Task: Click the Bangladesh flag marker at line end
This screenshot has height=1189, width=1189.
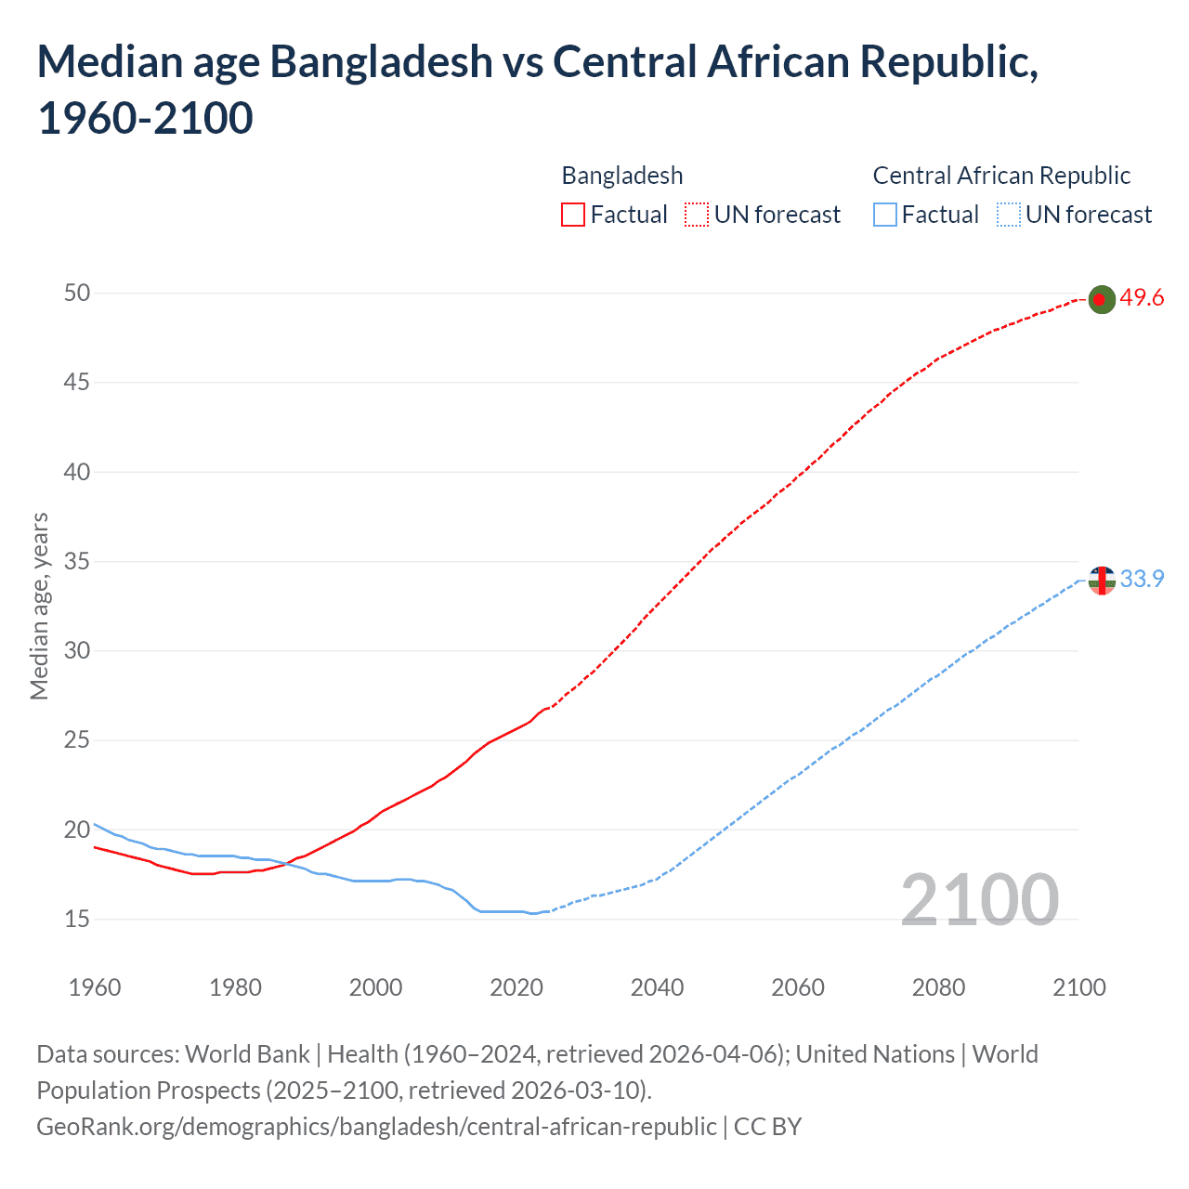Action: pos(1101,299)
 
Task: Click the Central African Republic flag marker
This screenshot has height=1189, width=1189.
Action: pos(1101,581)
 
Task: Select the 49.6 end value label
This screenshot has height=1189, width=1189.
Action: pos(1142,298)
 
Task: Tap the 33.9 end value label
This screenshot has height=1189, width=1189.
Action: pos(1142,580)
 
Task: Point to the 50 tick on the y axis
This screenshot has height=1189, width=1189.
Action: pos(77,294)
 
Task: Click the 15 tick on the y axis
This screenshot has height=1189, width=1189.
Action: pos(77,919)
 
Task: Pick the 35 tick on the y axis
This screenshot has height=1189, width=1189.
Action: pos(77,561)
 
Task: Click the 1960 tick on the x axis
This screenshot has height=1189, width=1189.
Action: pos(95,987)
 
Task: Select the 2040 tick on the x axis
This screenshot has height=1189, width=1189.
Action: pos(657,987)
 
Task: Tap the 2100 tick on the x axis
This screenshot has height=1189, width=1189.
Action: pos(1079,987)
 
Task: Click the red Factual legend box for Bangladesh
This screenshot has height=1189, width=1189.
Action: pos(573,215)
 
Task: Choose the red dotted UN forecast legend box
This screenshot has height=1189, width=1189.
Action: pos(697,215)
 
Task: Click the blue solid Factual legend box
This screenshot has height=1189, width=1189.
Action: pos(885,215)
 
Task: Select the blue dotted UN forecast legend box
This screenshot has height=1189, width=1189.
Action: pos(1009,215)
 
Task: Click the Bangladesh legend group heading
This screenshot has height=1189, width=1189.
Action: pos(622,176)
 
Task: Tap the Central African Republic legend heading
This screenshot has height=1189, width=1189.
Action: pos(1001,176)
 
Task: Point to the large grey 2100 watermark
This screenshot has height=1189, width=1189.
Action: pos(979,900)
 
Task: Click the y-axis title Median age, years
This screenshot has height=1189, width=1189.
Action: pos(39,606)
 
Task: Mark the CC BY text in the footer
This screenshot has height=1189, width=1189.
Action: pos(767,1127)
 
